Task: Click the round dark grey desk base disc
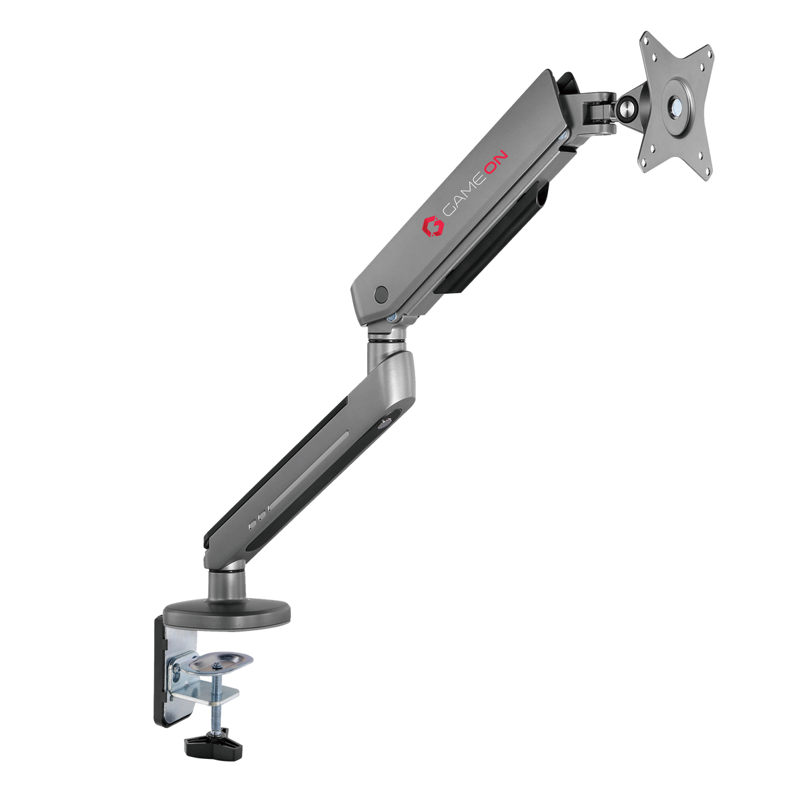228,613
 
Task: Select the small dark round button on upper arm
382,292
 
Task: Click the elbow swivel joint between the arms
385,340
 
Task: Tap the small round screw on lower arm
385,422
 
